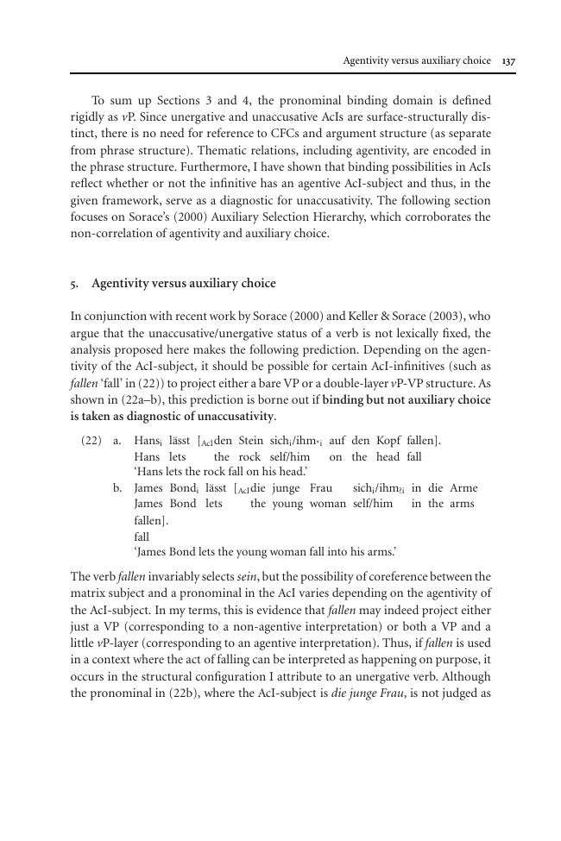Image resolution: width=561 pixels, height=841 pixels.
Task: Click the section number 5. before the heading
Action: click(x=75, y=283)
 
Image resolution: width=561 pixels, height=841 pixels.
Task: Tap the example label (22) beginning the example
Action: click(x=91, y=441)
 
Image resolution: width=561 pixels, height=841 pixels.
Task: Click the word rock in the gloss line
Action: click(x=249, y=456)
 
